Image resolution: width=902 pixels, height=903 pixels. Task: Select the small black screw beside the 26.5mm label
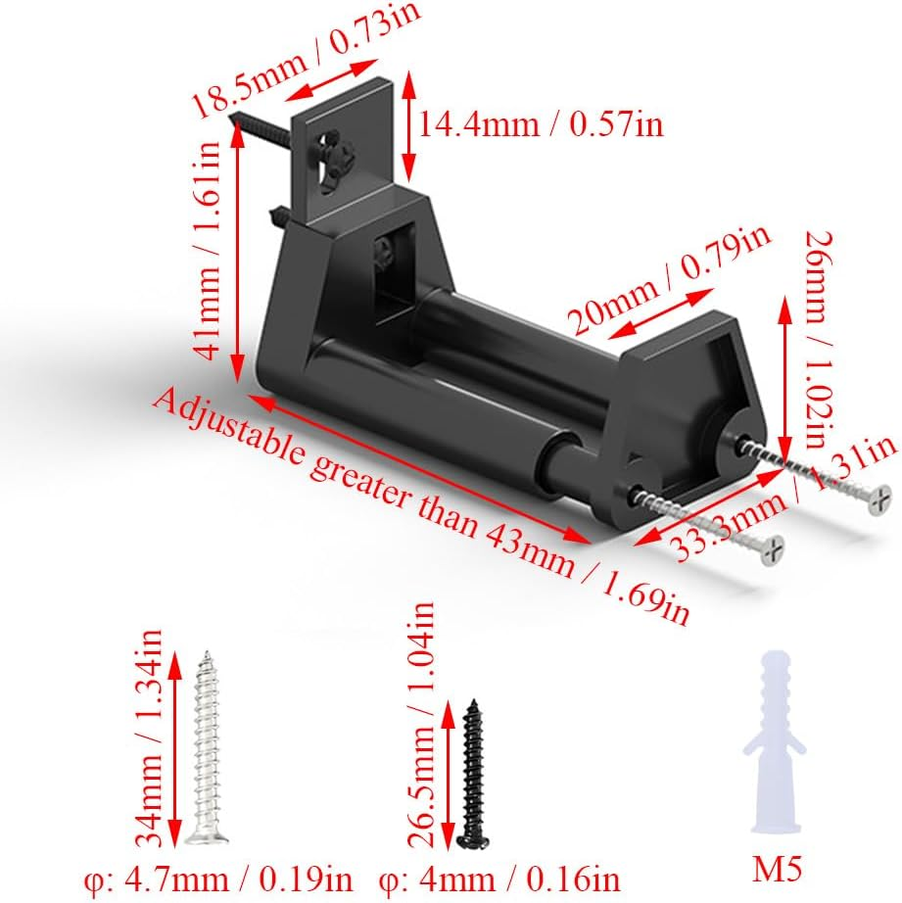(x=474, y=774)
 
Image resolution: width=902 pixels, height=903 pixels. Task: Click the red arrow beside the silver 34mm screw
(x=175, y=749)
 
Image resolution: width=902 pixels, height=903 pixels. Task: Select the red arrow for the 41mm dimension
(x=236, y=251)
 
